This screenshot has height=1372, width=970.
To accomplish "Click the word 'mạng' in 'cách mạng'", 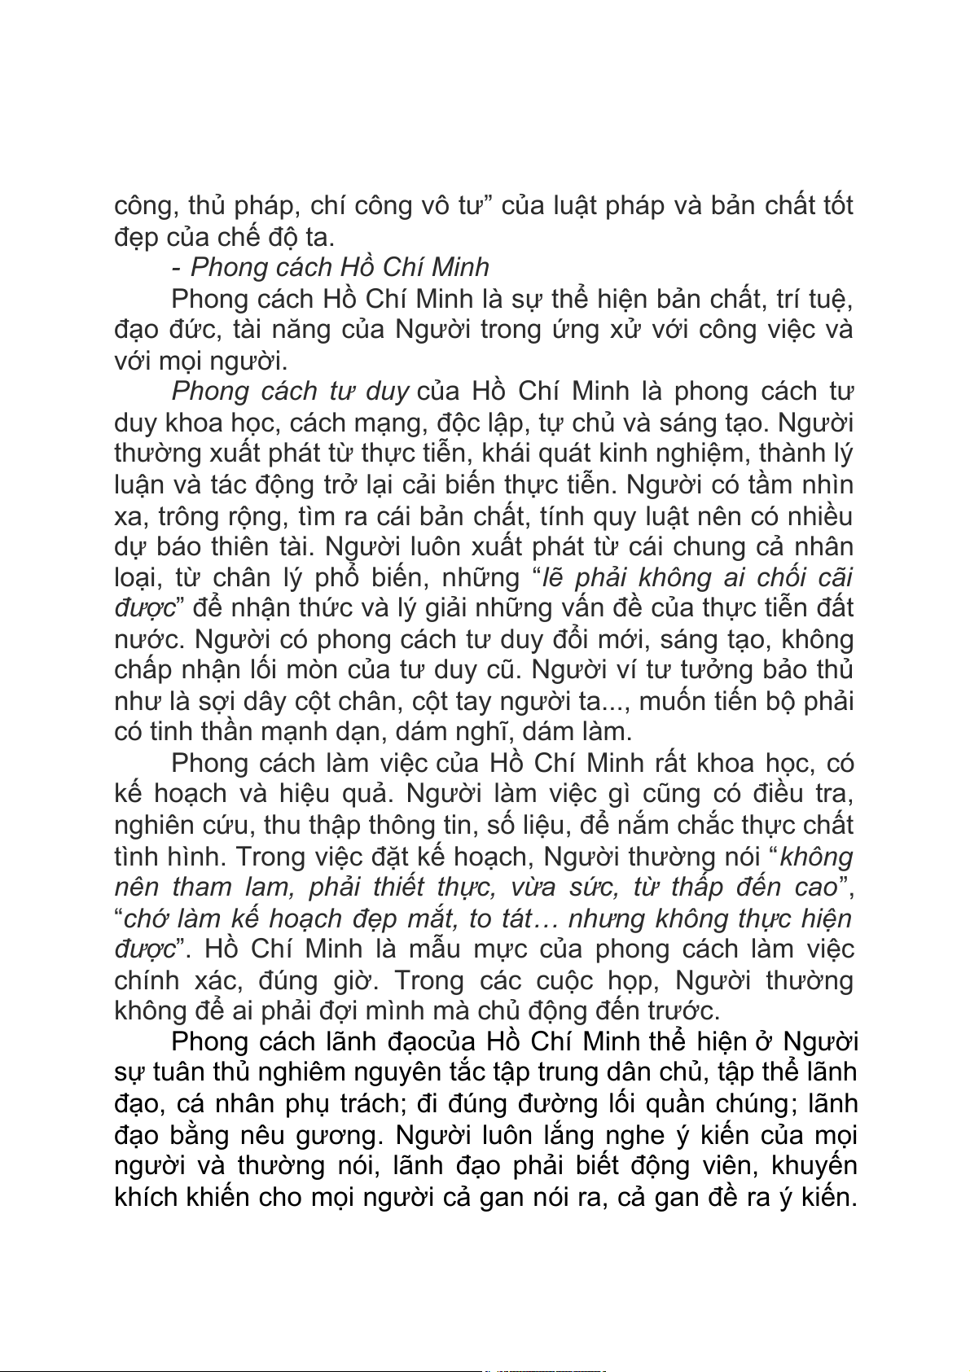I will tap(391, 423).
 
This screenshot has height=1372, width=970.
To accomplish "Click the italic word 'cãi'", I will tap(833, 577).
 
